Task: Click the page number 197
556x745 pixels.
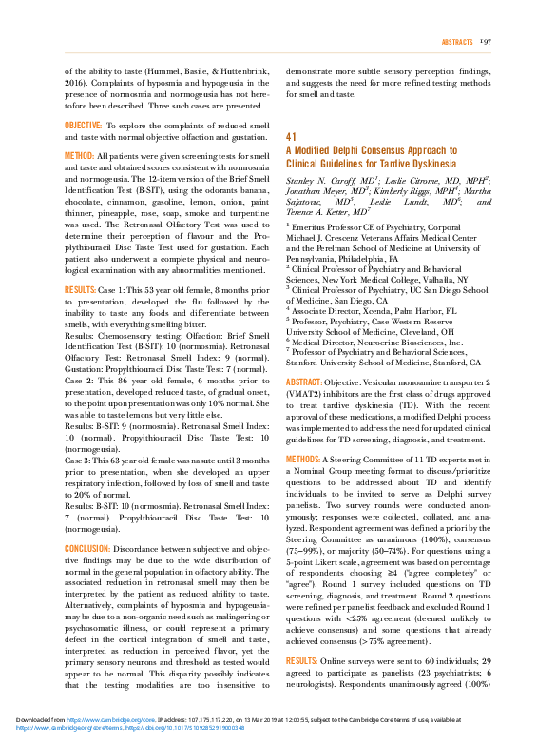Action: click(485, 43)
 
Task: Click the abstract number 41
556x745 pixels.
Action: click(291, 137)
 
